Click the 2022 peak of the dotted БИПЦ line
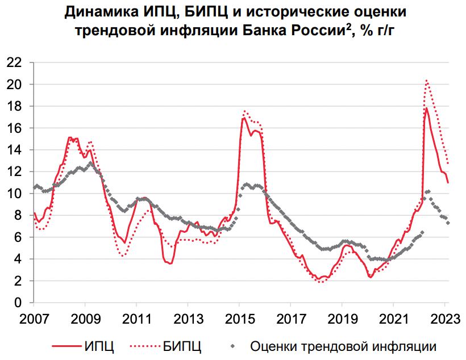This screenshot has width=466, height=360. (427, 81)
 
